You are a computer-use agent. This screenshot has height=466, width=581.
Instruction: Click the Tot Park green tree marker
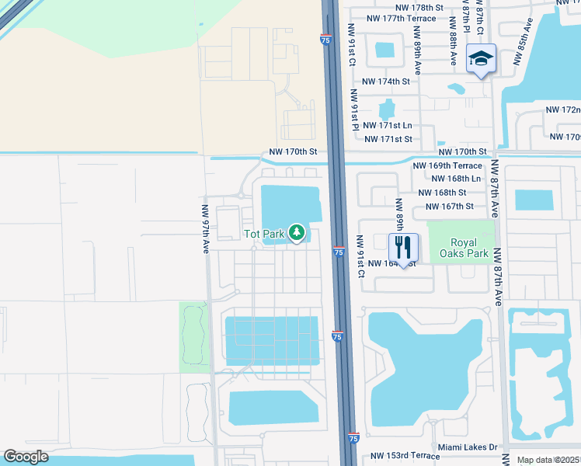[296, 232]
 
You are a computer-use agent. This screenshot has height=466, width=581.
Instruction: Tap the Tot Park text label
[264, 233]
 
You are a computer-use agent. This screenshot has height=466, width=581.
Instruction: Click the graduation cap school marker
[481, 58]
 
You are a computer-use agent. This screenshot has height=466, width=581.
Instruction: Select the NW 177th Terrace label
[401, 18]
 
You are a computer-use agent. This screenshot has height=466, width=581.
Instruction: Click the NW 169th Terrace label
[447, 165]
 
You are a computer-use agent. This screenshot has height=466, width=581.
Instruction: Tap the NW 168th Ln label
[464, 179]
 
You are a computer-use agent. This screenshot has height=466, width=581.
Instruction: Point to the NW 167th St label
[449, 206]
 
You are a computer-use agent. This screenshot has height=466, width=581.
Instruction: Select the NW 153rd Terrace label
[405, 456]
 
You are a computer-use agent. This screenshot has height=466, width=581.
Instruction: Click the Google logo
[26, 457]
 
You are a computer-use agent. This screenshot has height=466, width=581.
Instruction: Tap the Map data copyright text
[548, 460]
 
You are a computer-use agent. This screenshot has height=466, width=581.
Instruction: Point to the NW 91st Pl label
[355, 110]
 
